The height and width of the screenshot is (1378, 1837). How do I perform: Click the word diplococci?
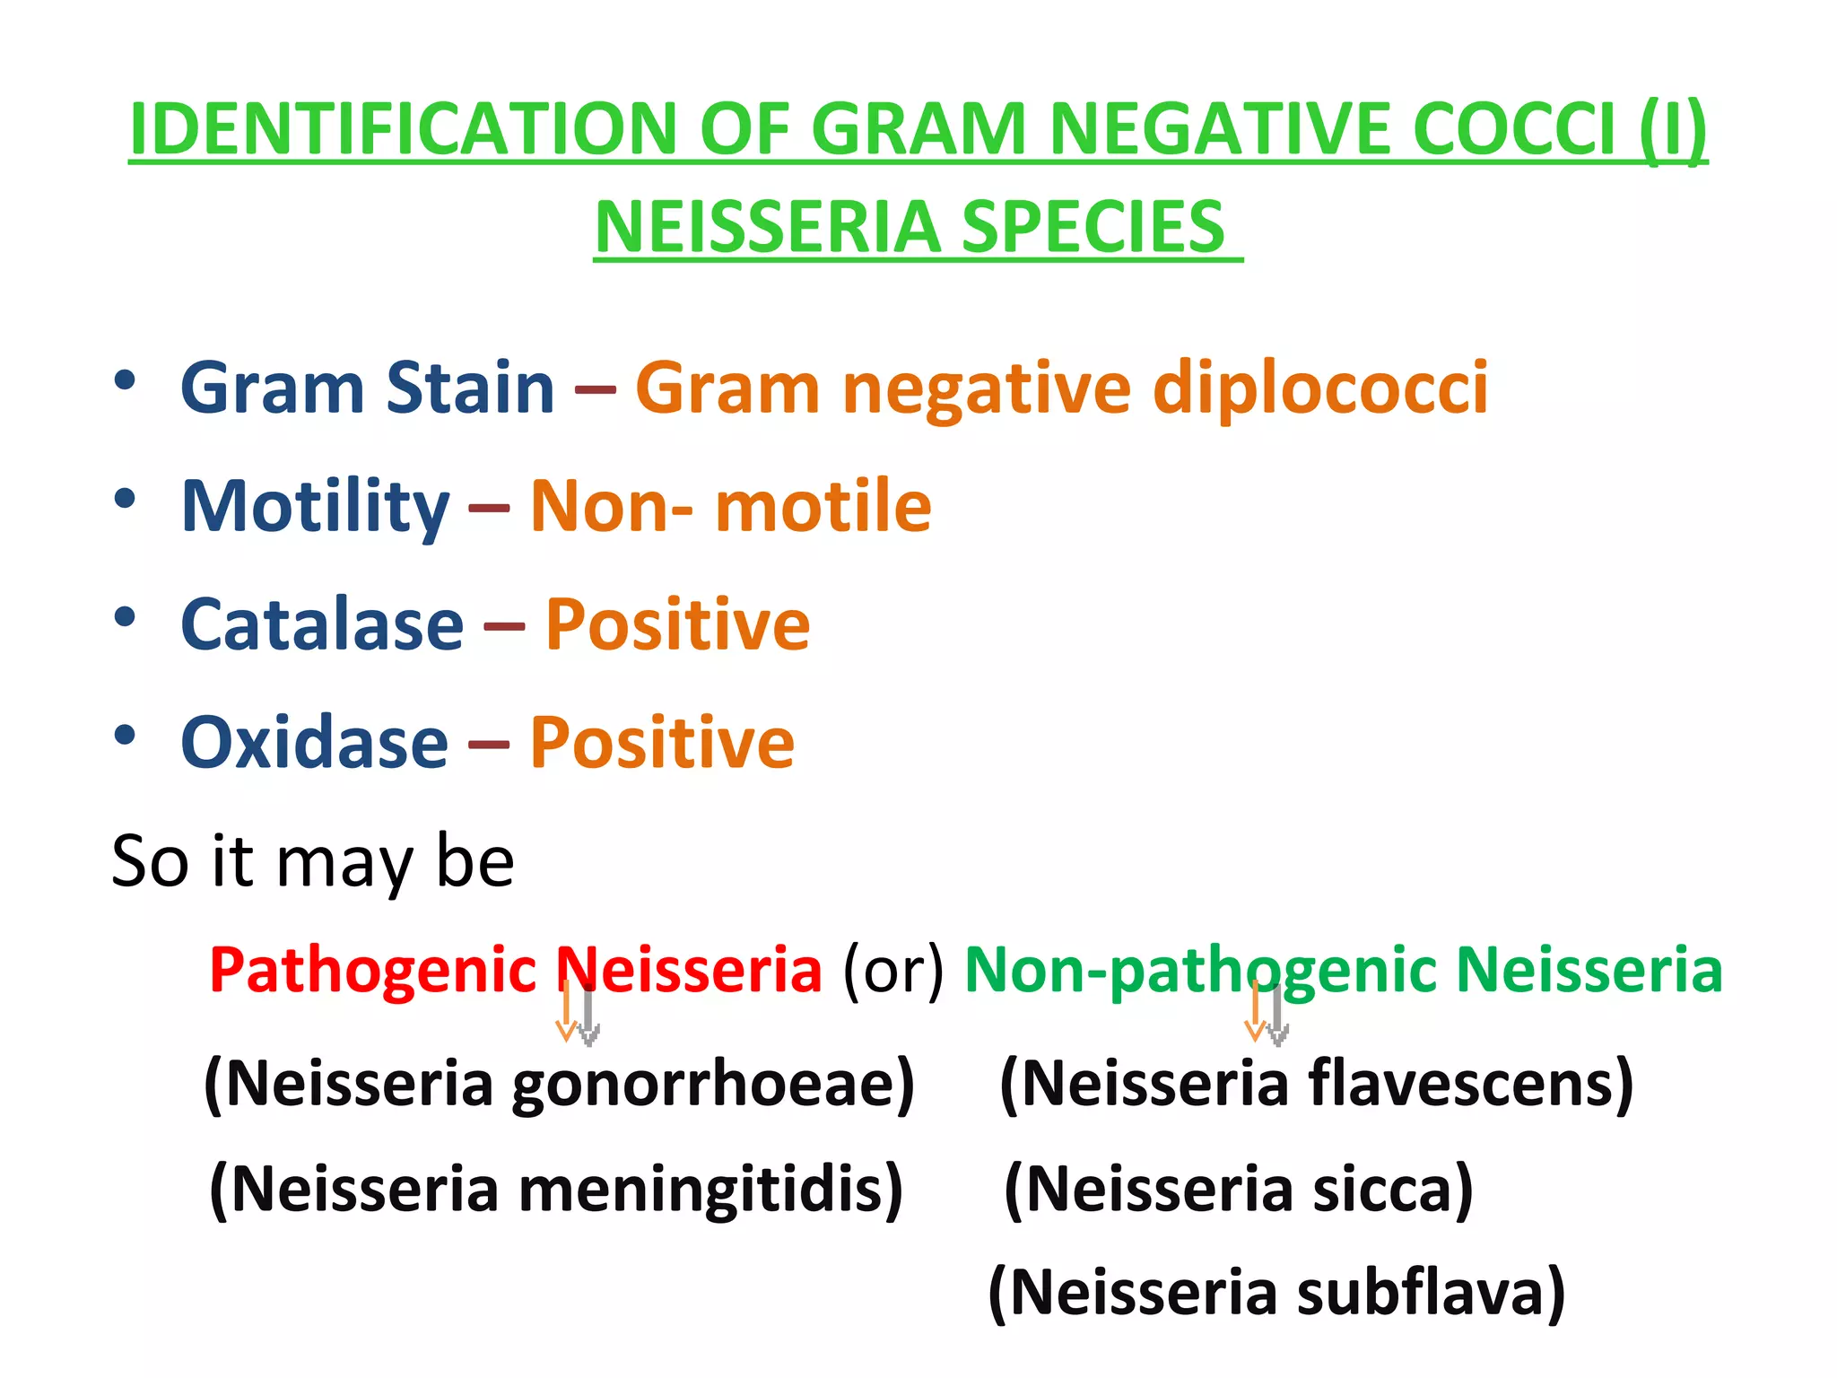(x=1320, y=388)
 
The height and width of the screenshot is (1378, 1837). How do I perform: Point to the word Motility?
(x=315, y=507)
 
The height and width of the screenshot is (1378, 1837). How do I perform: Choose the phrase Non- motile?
(x=731, y=507)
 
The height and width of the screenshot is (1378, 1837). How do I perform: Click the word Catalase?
(x=322, y=625)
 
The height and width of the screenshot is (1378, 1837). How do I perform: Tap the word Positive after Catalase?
(x=678, y=625)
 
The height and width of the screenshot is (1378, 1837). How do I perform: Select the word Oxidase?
(x=314, y=744)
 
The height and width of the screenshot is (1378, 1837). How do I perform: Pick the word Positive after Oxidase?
(x=662, y=744)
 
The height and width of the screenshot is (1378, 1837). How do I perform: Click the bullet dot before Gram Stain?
(x=125, y=380)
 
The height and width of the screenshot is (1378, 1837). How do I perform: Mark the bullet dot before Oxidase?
(x=125, y=736)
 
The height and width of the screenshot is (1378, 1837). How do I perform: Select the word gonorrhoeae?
(x=713, y=1085)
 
